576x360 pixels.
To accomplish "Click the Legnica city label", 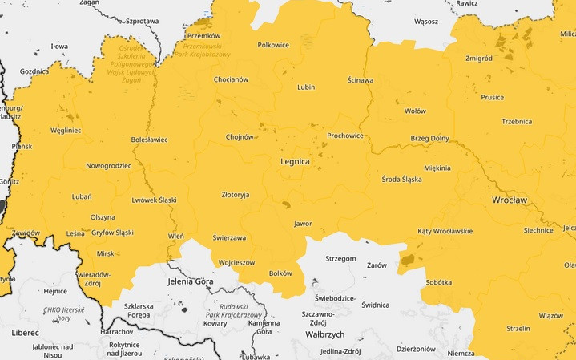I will tap(295, 161).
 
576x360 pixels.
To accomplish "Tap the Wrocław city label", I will tap(509, 199).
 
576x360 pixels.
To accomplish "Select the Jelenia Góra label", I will tap(191, 281).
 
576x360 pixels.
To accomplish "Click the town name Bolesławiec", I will tap(149, 140).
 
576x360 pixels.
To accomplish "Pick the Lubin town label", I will tap(305, 87).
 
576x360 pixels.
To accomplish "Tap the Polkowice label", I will tap(273, 45).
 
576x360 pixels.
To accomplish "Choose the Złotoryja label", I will tap(235, 194).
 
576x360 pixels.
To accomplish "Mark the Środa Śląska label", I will tap(401, 179).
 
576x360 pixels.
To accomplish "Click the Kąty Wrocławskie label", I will tap(445, 231).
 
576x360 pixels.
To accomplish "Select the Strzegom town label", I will tap(340, 259).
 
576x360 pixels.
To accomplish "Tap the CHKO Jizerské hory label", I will tap(63, 313).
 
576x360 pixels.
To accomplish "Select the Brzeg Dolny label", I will tap(429, 138).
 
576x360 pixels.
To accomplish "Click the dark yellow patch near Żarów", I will tap(408, 258).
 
